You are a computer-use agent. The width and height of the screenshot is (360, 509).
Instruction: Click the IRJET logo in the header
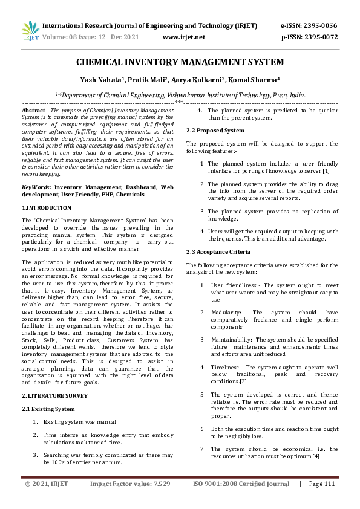point(30,31)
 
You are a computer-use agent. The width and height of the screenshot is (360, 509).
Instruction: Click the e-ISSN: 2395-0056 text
point(309,26)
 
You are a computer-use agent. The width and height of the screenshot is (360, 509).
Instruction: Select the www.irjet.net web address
point(184,37)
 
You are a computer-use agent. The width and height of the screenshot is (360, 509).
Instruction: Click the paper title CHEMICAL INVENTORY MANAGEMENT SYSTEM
point(180,62)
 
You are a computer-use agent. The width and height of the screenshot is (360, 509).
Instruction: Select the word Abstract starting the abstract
point(33,111)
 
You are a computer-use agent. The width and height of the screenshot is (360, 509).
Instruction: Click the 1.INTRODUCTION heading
point(46,207)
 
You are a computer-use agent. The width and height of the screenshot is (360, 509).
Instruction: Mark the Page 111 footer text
point(321,501)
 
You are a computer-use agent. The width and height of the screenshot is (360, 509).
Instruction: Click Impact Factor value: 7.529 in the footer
point(130,501)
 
